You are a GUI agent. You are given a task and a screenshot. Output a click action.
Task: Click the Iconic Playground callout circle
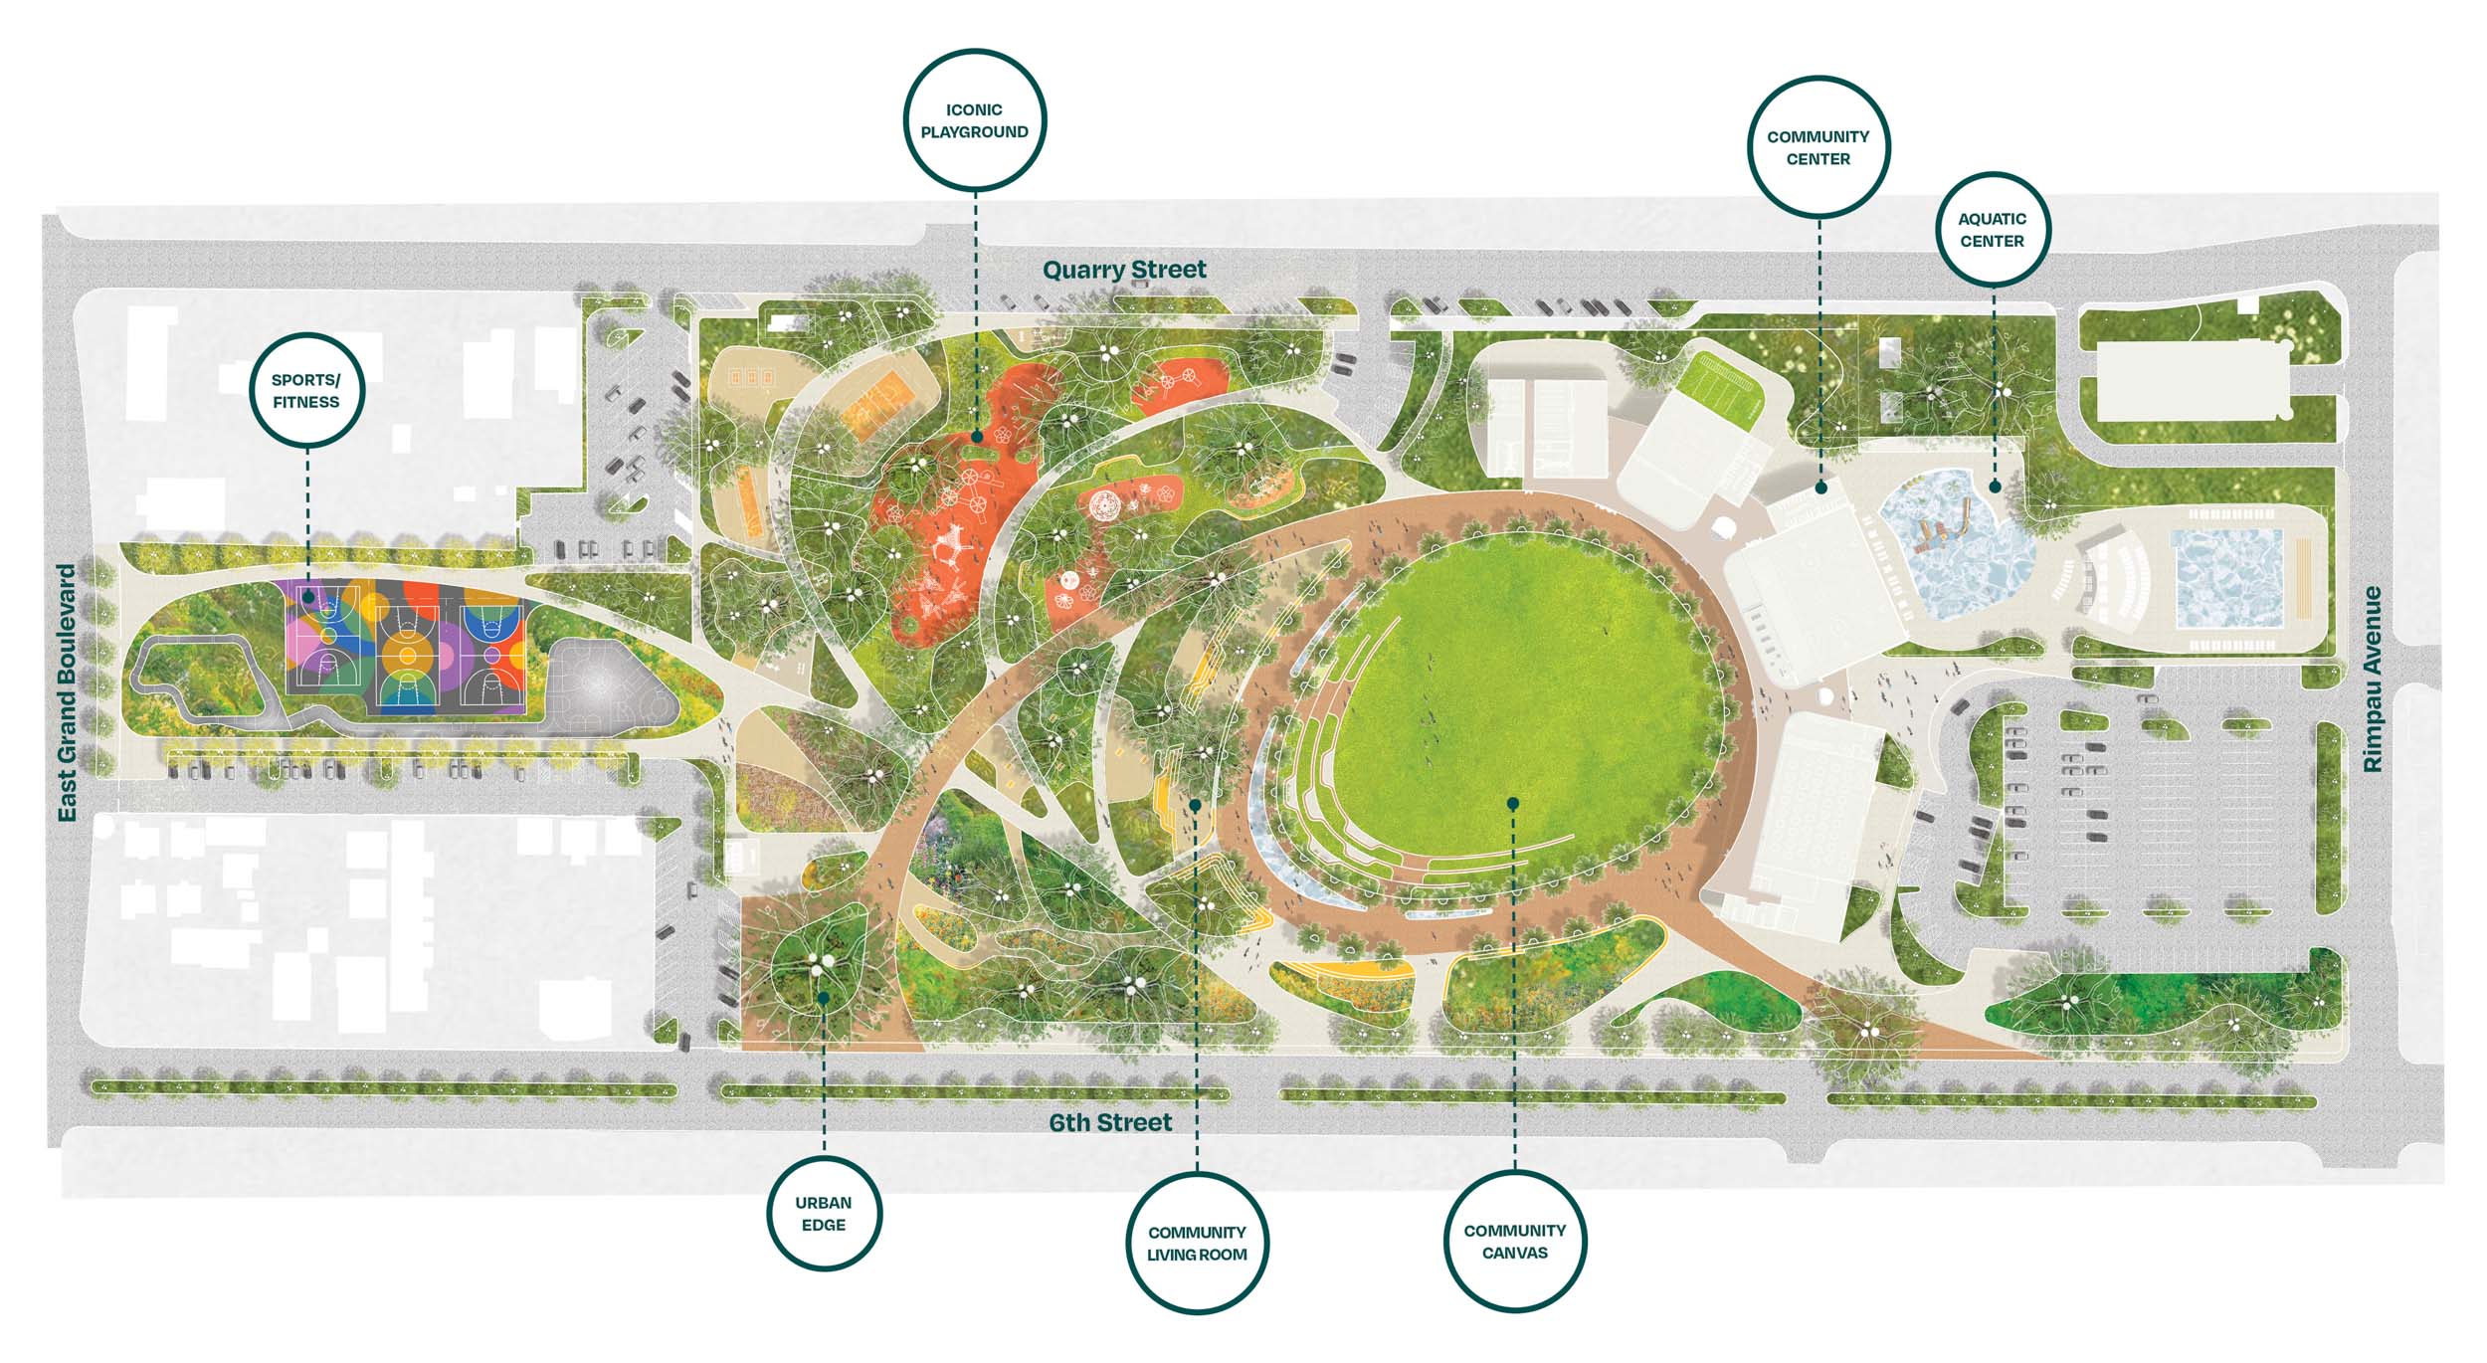[974, 119]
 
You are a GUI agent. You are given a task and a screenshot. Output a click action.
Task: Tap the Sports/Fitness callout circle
[306, 390]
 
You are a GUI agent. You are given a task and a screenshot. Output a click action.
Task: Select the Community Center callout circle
[1817, 146]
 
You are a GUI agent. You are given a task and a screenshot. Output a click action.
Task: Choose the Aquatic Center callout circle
[1992, 229]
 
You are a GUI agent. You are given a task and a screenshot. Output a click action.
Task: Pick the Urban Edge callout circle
[824, 1213]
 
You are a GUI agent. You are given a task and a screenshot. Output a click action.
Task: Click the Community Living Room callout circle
[1196, 1243]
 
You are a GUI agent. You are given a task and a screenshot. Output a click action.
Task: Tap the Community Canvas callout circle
[1514, 1241]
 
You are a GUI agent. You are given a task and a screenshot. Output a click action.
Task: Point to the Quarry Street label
[1124, 270]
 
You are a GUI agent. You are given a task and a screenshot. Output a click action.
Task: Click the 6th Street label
[1110, 1122]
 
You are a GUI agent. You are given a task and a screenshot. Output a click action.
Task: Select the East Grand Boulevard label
[67, 693]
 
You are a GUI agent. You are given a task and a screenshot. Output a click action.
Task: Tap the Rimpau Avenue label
[2373, 680]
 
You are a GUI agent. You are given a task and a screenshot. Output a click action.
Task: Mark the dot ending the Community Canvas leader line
[1513, 803]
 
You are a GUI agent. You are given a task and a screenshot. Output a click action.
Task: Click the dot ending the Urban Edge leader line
[824, 997]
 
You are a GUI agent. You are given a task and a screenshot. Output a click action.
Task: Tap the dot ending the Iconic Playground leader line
[977, 437]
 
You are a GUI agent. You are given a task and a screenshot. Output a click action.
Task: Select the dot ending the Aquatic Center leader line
[1995, 487]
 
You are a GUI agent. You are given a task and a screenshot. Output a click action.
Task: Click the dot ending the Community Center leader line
[1820, 487]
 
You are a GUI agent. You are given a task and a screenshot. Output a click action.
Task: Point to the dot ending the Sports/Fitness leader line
[308, 598]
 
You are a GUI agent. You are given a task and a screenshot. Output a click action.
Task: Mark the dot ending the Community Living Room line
[1195, 803]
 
